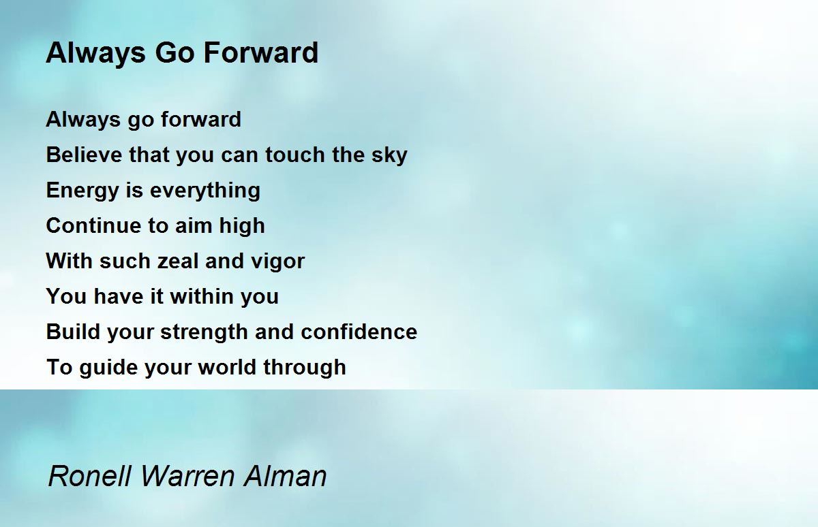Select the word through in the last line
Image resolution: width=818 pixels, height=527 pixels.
click(304, 368)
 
